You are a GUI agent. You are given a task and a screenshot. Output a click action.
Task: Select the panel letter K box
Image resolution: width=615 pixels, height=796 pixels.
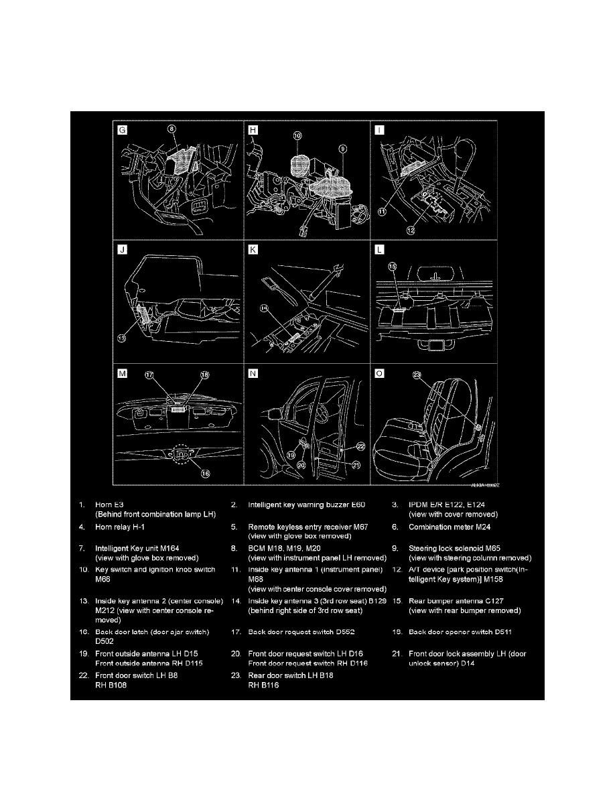coord(253,251)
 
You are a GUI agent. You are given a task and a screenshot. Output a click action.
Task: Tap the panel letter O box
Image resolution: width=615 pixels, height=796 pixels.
coord(380,374)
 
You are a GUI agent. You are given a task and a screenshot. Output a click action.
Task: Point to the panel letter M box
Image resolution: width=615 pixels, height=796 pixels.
coord(122,374)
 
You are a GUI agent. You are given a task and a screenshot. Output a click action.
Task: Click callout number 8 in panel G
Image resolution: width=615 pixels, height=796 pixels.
coord(172,127)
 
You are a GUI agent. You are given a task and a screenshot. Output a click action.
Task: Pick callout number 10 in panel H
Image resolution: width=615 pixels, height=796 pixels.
coord(297,135)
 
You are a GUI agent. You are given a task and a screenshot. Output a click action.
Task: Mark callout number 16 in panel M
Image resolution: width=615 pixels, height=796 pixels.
coord(205,473)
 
